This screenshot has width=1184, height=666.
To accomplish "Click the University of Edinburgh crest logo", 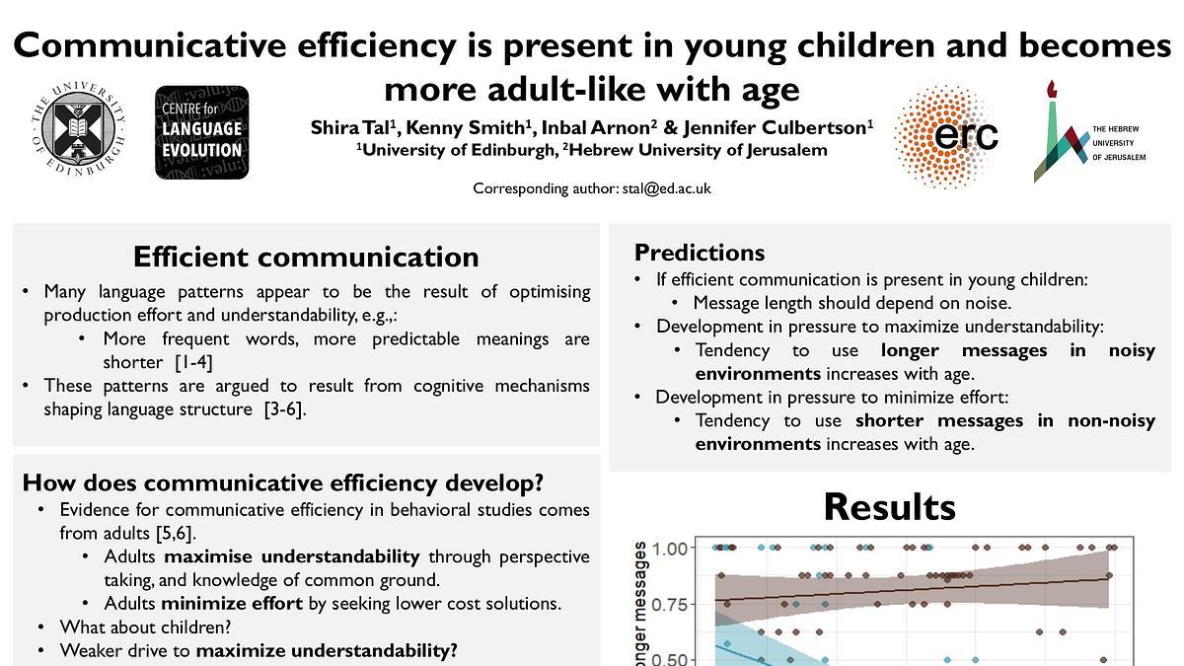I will [x=77, y=132].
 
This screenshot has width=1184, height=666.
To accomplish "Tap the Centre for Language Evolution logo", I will [x=201, y=132].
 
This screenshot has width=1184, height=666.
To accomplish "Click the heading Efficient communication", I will [x=306, y=257].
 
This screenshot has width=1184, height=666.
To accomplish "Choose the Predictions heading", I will [x=700, y=253].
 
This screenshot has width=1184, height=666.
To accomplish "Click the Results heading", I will [x=889, y=506].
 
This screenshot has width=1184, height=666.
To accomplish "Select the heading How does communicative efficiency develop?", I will [x=283, y=482].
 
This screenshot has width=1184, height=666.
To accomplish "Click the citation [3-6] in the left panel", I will [x=285, y=408].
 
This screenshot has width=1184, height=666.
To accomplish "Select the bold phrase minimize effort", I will [x=232, y=603].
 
